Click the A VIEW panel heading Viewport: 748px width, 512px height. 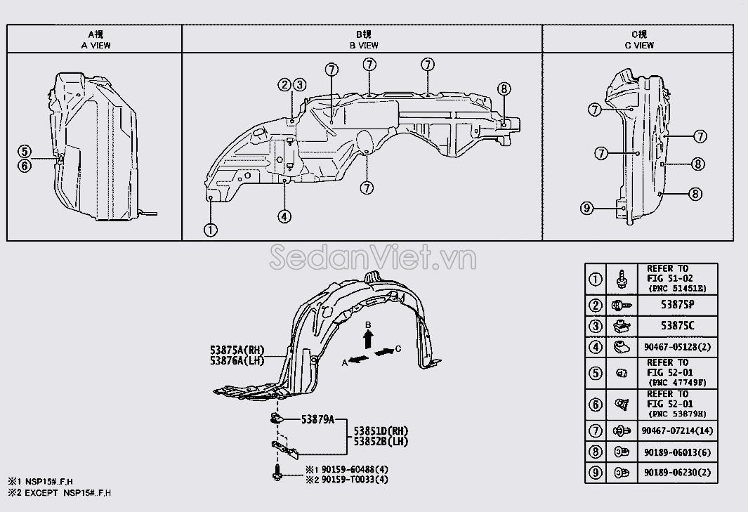coord(95,45)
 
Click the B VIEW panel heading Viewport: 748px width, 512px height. coord(363,45)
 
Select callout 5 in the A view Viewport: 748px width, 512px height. coord(25,151)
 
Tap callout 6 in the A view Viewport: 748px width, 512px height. coord(25,166)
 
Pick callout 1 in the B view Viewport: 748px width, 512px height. coord(210,229)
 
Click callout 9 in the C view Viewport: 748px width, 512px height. coord(587,207)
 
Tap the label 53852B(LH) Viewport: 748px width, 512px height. coord(380,442)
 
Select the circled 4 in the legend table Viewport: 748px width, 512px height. coord(595,346)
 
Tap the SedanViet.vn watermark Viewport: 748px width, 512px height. coord(372,258)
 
